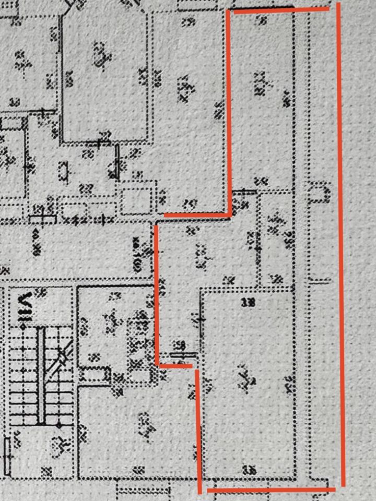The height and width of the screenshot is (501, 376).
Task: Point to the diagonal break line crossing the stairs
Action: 61,360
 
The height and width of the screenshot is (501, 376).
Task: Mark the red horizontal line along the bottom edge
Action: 272,490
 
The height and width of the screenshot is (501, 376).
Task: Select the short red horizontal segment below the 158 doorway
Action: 175,366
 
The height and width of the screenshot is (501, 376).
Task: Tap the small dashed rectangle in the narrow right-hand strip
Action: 318,192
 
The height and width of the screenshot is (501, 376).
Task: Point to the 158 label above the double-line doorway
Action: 180,345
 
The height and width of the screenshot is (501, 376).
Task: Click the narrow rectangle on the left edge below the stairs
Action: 7,454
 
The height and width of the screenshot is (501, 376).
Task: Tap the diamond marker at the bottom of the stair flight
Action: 58,425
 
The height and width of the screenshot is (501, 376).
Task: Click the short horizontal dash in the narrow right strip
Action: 319,281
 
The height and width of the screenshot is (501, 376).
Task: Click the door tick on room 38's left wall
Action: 202,319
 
